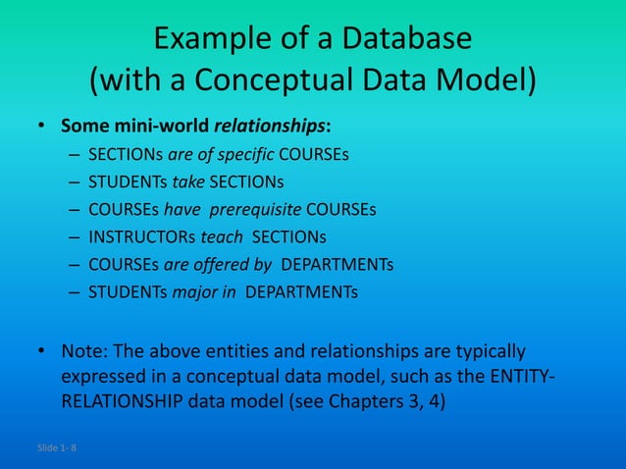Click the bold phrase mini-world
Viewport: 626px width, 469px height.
(158, 127)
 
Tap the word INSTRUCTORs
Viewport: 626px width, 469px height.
(141, 237)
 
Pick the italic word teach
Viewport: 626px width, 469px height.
(223, 237)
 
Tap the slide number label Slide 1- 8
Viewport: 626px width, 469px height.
(57, 448)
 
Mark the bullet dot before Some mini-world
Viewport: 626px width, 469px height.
(41, 127)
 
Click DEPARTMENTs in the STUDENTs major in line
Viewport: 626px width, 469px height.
(302, 292)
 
